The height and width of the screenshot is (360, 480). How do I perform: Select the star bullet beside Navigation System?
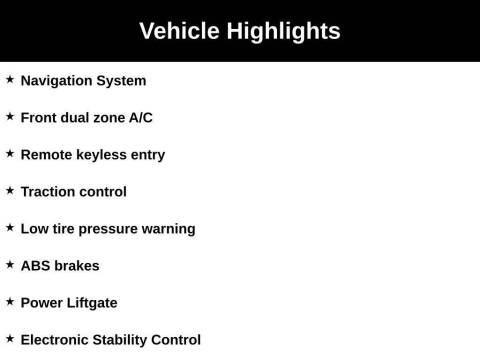10,79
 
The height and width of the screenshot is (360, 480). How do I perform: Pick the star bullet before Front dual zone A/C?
10,116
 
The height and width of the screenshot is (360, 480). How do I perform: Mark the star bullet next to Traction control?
10,190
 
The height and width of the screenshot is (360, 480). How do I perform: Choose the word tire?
63,229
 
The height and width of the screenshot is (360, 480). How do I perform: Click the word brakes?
77,266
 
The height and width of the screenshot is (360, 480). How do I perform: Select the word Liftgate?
92,303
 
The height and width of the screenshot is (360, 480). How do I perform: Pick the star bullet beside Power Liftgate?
10,301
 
